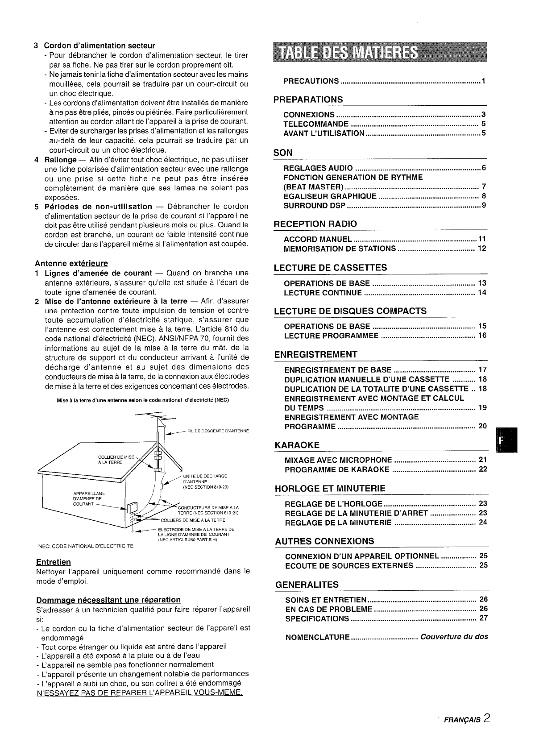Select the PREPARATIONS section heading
pos(308,99)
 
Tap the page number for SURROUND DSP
pos(484,206)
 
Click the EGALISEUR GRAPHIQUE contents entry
pos(330,196)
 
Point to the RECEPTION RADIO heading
pos(315,224)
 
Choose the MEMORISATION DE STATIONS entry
pos(340,249)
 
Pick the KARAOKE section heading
pos(298,445)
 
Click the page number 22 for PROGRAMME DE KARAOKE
pos(483,469)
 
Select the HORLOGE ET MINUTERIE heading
pos(330,488)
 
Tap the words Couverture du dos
pos(454,636)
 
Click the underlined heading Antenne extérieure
pos(71,263)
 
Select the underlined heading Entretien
pos(53,562)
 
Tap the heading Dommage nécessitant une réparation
pos(108,600)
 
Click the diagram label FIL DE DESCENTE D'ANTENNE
pos(218,431)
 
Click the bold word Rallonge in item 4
pos(61,160)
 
